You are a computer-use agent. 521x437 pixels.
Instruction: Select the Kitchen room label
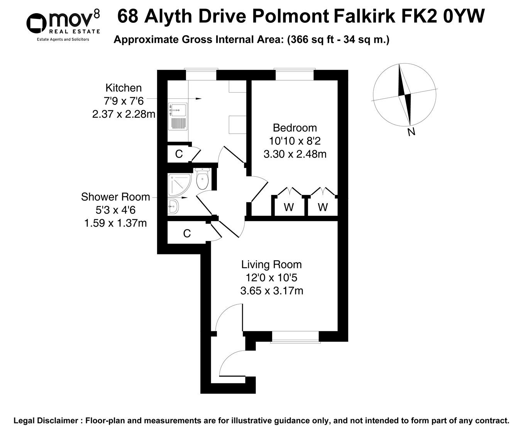point(123,88)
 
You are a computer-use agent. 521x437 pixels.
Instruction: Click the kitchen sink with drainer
point(178,116)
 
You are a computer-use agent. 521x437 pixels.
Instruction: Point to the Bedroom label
point(294,128)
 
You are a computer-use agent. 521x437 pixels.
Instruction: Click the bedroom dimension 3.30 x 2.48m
point(295,154)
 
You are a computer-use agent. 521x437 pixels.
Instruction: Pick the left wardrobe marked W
point(289,208)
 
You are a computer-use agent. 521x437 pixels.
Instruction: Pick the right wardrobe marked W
point(323,208)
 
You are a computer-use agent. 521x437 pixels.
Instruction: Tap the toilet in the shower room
point(202,180)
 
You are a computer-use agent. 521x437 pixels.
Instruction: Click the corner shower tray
point(179,184)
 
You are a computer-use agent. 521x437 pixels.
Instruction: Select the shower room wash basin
point(173,207)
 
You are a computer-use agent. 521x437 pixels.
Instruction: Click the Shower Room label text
point(115,197)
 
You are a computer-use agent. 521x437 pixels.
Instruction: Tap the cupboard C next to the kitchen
point(179,154)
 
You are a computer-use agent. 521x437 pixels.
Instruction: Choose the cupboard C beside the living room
point(187,234)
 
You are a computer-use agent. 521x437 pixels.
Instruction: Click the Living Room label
point(271,265)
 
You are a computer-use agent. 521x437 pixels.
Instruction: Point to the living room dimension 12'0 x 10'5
point(271,278)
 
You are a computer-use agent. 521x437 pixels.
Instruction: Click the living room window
point(295,337)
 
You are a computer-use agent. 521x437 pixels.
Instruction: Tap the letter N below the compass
point(411,132)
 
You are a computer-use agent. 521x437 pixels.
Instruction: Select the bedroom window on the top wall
point(294,74)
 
